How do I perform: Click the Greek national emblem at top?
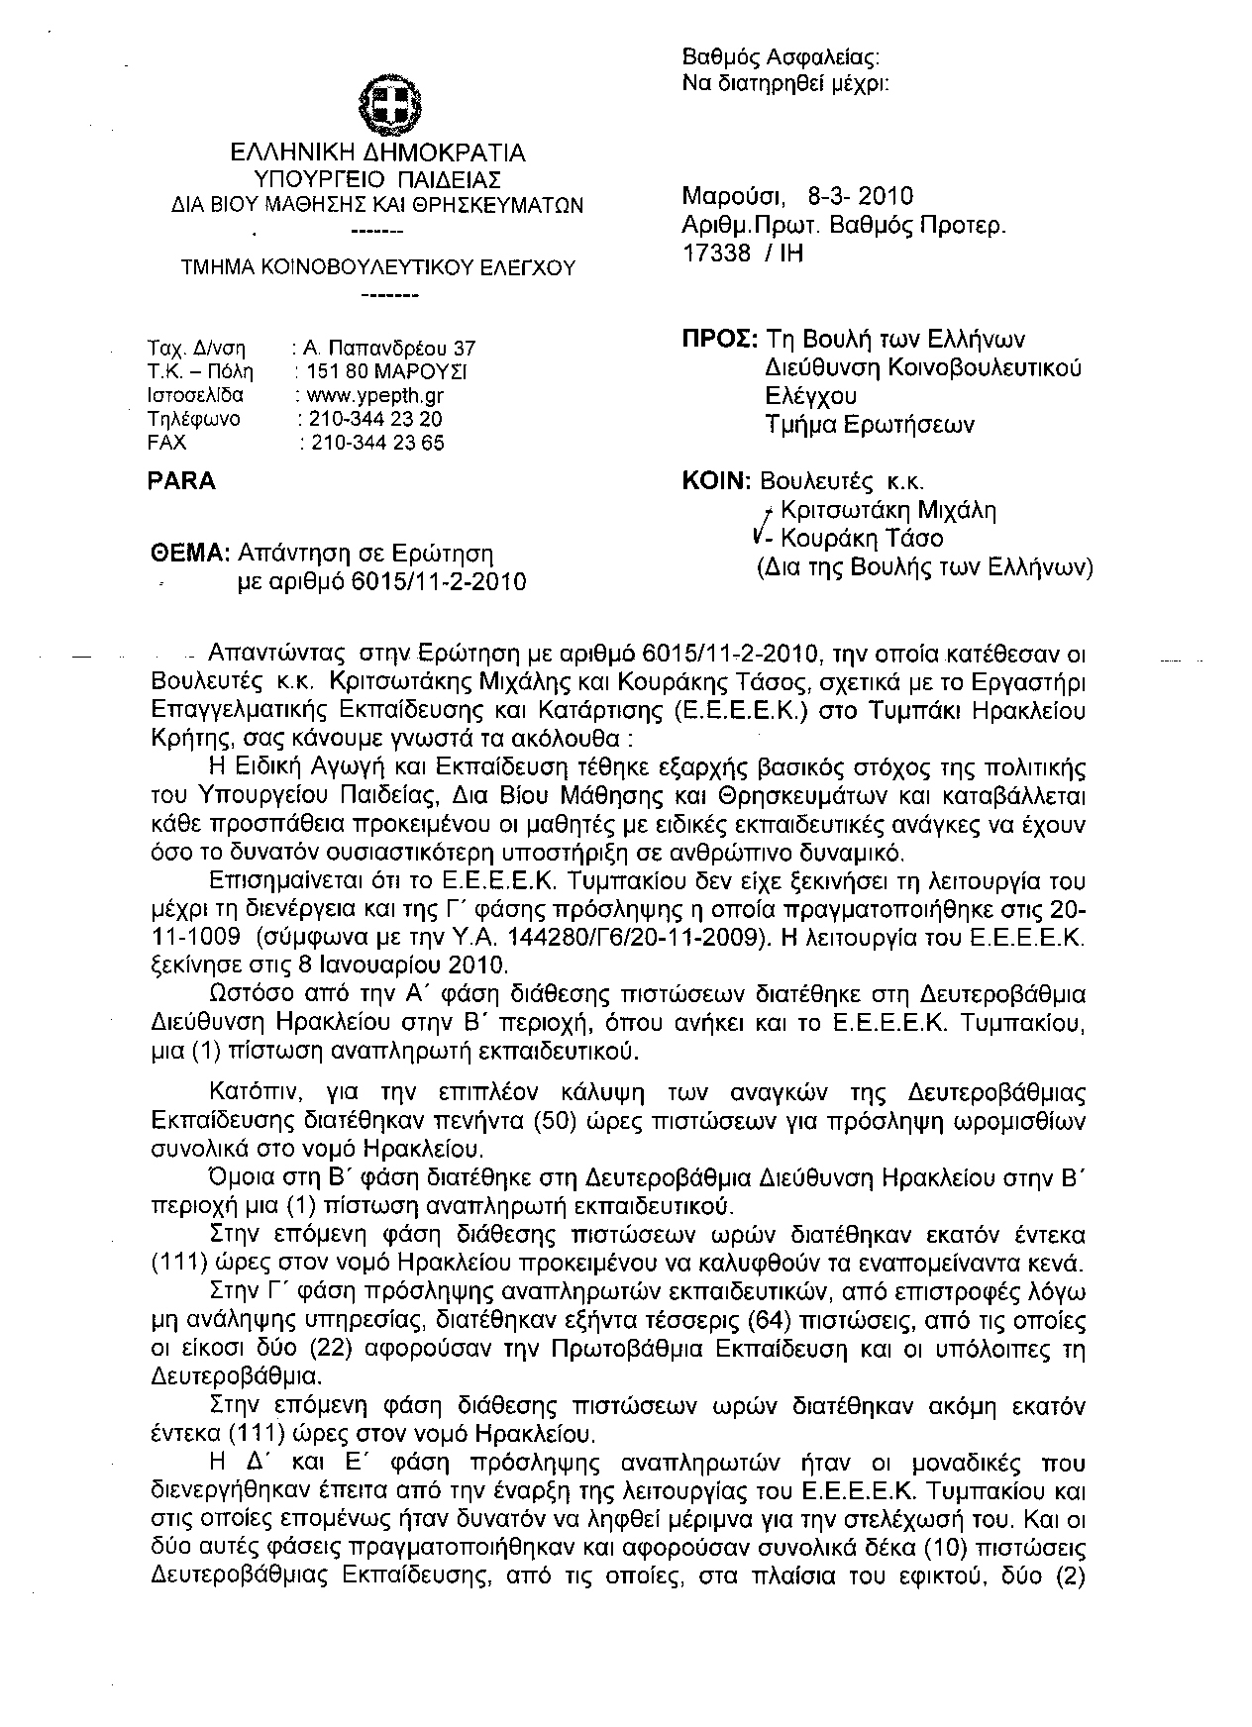point(390,105)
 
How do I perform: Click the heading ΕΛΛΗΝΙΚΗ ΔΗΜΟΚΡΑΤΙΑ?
point(377,153)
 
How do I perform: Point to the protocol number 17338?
point(716,253)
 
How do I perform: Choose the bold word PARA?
point(180,481)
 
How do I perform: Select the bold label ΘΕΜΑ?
point(191,553)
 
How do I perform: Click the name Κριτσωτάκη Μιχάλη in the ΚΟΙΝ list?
point(888,511)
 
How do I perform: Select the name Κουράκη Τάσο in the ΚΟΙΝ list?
point(862,539)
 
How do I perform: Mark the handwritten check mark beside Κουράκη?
point(758,538)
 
